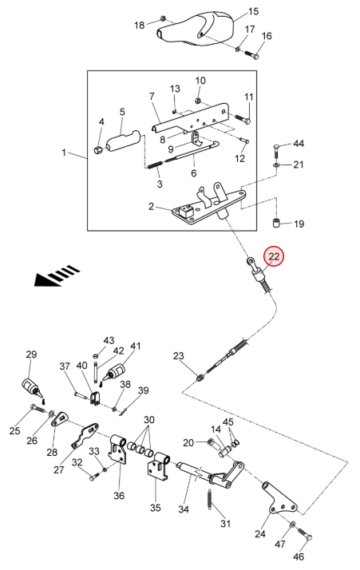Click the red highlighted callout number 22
[x=274, y=256]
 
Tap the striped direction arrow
[x=57, y=275]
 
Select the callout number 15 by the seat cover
[x=253, y=12]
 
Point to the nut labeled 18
[x=164, y=18]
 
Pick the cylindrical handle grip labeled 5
[x=123, y=140]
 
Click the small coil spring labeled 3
[x=156, y=164]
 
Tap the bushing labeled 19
[x=276, y=222]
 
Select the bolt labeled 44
[x=276, y=150]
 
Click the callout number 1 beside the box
[x=64, y=152]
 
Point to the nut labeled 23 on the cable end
[x=200, y=378]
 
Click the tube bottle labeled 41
[x=116, y=373]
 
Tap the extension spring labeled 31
[x=211, y=501]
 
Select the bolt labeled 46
[x=305, y=534]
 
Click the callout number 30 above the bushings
[x=149, y=420]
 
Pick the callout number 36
[x=119, y=496]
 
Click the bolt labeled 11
[x=243, y=118]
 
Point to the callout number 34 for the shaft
[x=184, y=509]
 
